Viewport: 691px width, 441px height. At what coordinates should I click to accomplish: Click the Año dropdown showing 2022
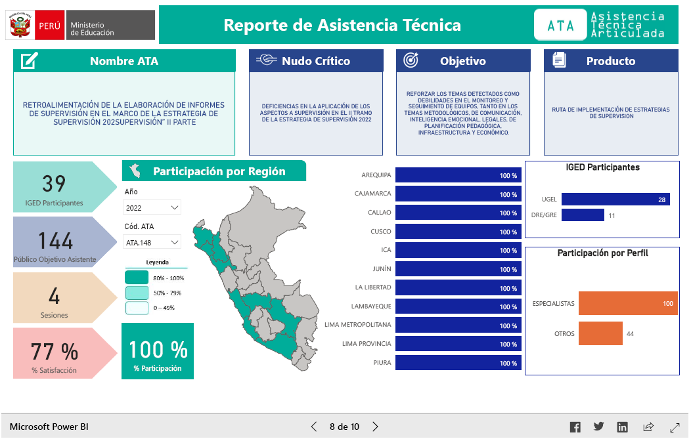click(x=152, y=208)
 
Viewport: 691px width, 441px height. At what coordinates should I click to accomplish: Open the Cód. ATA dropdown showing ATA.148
click(x=152, y=242)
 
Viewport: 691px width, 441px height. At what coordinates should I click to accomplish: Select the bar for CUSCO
click(x=458, y=232)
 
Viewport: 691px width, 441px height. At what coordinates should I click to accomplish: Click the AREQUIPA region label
click(x=376, y=175)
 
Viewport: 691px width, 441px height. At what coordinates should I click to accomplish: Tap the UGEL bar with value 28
click(x=615, y=199)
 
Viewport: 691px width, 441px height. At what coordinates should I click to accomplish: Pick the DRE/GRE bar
click(x=583, y=215)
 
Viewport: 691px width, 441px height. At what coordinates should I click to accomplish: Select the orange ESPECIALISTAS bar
click(x=628, y=303)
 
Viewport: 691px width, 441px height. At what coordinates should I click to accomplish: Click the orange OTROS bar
click(x=600, y=333)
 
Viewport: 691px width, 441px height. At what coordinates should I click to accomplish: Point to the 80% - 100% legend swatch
click(x=137, y=278)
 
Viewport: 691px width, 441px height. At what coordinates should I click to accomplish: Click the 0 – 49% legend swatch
click(x=137, y=308)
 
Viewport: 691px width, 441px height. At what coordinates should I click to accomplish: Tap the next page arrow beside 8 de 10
click(x=375, y=427)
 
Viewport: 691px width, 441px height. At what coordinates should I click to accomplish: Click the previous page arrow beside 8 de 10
click(x=314, y=427)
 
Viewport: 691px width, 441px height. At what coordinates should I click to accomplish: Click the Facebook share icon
click(x=575, y=427)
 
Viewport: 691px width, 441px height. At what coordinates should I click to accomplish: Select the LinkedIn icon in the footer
click(x=622, y=427)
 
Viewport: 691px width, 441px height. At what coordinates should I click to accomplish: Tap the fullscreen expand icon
click(x=675, y=427)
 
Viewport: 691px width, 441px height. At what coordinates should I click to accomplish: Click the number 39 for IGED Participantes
click(x=54, y=184)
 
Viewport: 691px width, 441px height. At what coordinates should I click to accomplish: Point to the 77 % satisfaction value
click(x=55, y=352)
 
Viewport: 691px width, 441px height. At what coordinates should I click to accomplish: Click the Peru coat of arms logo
click(x=20, y=25)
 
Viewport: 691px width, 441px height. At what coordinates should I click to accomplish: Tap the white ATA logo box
click(x=560, y=25)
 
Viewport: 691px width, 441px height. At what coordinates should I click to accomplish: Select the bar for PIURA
click(x=458, y=363)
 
